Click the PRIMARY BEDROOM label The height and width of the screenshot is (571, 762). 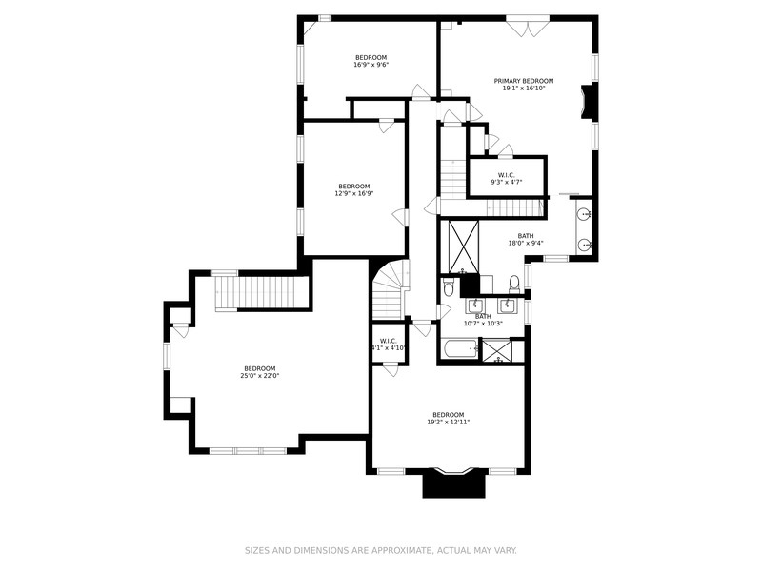tap(523, 81)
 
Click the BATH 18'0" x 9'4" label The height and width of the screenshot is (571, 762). tap(525, 240)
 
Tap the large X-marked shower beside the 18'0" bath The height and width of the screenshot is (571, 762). tap(464, 246)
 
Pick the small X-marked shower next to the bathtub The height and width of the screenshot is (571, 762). tap(496, 350)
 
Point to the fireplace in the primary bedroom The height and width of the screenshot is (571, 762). tap(589, 102)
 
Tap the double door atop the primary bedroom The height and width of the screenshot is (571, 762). tap(524, 27)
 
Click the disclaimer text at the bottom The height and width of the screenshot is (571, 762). tap(381, 550)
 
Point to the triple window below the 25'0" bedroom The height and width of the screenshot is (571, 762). tap(247, 450)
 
